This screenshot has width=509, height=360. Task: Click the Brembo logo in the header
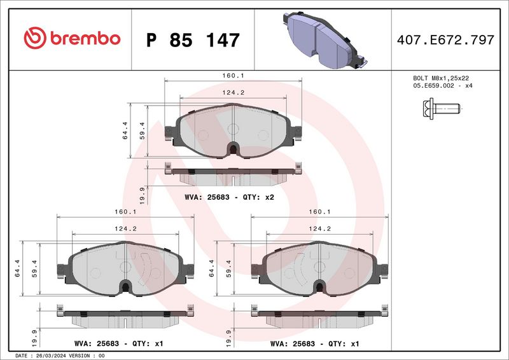(x=71, y=38)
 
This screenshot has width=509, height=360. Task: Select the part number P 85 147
(x=193, y=40)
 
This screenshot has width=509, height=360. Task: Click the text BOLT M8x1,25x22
(x=441, y=78)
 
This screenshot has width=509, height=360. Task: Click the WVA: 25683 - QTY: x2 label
(x=229, y=197)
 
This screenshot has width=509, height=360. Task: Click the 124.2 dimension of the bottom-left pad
(x=124, y=229)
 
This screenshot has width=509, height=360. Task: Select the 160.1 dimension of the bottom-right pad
(x=317, y=212)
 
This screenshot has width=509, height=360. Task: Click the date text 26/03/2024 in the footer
(x=50, y=355)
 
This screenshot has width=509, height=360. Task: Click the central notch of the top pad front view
(x=234, y=149)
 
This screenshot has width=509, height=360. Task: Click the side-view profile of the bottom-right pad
(x=318, y=316)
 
